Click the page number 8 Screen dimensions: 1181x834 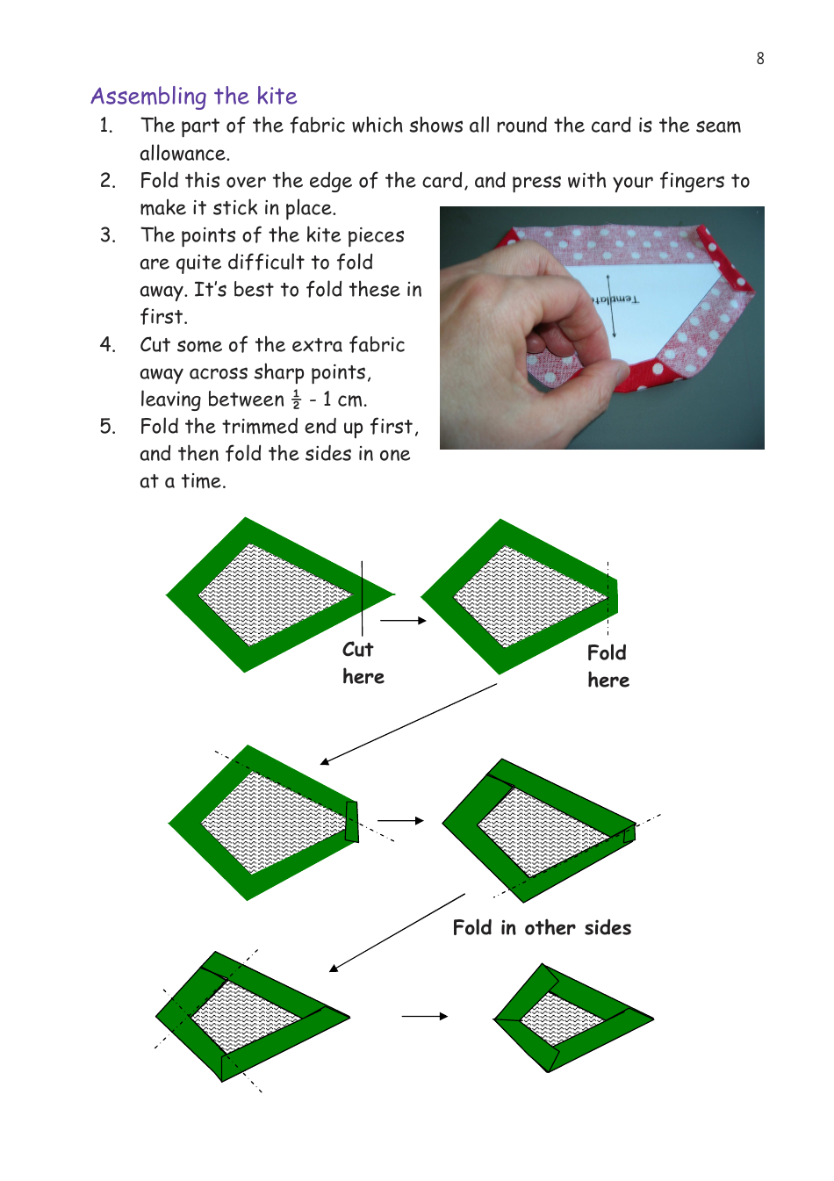pos(760,59)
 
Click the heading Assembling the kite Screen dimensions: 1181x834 pos(194,96)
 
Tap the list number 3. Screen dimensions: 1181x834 pos(107,235)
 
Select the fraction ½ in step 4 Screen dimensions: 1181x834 pos(296,400)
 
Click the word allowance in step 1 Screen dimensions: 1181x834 pos(184,154)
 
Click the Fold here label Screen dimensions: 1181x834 pos(608,666)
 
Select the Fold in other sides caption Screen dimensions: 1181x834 pos(542,928)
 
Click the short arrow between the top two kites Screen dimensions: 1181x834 pos(403,620)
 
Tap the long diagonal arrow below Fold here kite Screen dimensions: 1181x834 pos(409,724)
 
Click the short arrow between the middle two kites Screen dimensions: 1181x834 pos(400,820)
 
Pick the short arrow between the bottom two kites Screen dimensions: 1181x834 pos(425,1016)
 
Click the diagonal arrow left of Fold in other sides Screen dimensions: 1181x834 pos(397,933)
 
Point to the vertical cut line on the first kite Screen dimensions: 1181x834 pos(362,597)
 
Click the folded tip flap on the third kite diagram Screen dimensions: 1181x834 pos(352,821)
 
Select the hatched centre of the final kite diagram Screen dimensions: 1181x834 pos(562,1019)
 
